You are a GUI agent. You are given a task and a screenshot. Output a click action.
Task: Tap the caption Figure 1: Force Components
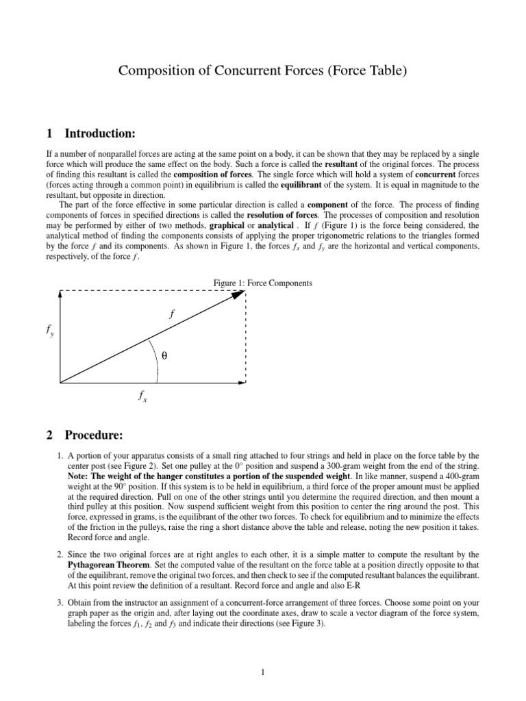click(263, 282)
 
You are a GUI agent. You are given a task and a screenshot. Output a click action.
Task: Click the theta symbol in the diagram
click(164, 356)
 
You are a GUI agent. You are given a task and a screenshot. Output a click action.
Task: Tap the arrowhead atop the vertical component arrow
click(60, 294)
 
